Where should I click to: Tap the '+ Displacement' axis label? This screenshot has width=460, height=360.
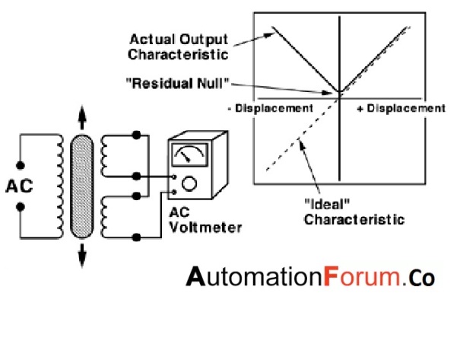point(400,108)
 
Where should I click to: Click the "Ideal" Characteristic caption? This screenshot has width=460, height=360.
point(341,213)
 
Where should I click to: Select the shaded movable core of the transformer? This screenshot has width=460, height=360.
point(80,186)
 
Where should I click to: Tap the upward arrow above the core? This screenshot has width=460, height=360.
point(81,120)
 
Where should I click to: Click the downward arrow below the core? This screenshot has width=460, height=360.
point(81,255)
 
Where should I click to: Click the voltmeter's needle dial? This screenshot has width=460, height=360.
point(187,157)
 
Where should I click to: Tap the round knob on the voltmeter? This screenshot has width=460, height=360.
point(191,183)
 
